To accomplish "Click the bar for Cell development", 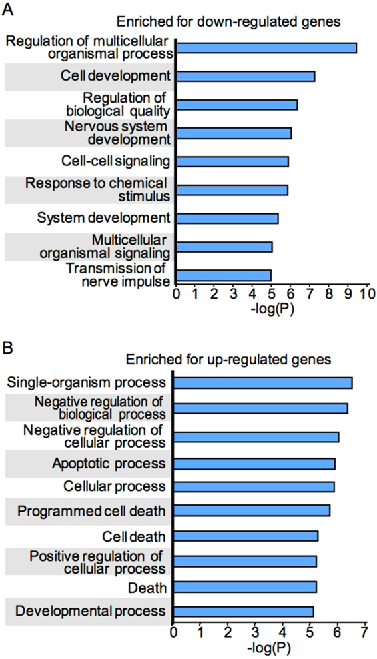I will pyautogui.click(x=245, y=76).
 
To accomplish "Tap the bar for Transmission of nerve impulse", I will pyautogui.click(x=223, y=275).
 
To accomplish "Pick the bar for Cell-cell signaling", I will pyautogui.click(x=232, y=161).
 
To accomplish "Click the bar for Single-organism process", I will pyautogui.click(x=262, y=382).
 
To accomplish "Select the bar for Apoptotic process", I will pyautogui.click(x=254, y=463).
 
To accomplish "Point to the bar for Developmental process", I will pyautogui.click(x=243, y=611).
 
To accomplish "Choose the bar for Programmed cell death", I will pyautogui.click(x=251, y=510).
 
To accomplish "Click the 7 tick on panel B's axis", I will pyautogui.click(x=364, y=630).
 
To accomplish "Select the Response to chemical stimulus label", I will pyautogui.click(x=97, y=189).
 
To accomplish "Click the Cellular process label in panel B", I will pyautogui.click(x=114, y=486).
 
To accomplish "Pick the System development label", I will pyautogui.click(x=103, y=218).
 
